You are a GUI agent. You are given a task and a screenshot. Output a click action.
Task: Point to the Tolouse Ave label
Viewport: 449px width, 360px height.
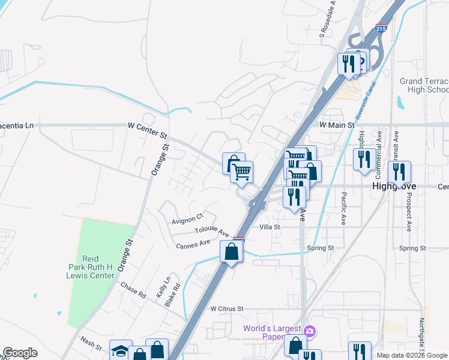click(212, 231)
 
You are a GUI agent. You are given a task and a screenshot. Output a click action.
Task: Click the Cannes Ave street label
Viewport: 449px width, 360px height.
click(193, 244)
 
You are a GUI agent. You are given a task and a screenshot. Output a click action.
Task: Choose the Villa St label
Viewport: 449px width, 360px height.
click(270, 227)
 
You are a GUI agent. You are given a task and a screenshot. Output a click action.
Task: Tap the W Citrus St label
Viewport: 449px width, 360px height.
click(226, 308)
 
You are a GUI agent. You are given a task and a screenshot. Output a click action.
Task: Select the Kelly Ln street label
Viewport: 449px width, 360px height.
click(167, 284)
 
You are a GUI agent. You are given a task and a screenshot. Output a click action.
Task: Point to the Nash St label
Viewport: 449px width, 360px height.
click(91, 343)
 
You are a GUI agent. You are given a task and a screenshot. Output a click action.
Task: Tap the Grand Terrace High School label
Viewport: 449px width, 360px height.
click(424, 85)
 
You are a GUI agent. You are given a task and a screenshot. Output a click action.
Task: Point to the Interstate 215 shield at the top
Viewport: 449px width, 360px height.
click(381, 28)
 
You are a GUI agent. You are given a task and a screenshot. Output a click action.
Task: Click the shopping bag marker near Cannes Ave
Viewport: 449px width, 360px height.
click(231, 251)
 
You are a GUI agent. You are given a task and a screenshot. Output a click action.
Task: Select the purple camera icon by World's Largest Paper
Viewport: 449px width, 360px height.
click(310, 331)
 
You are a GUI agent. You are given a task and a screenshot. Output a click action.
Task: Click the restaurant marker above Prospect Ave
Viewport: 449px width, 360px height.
click(399, 172)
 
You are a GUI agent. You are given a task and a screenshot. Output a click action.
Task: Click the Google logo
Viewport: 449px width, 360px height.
click(20, 353)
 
